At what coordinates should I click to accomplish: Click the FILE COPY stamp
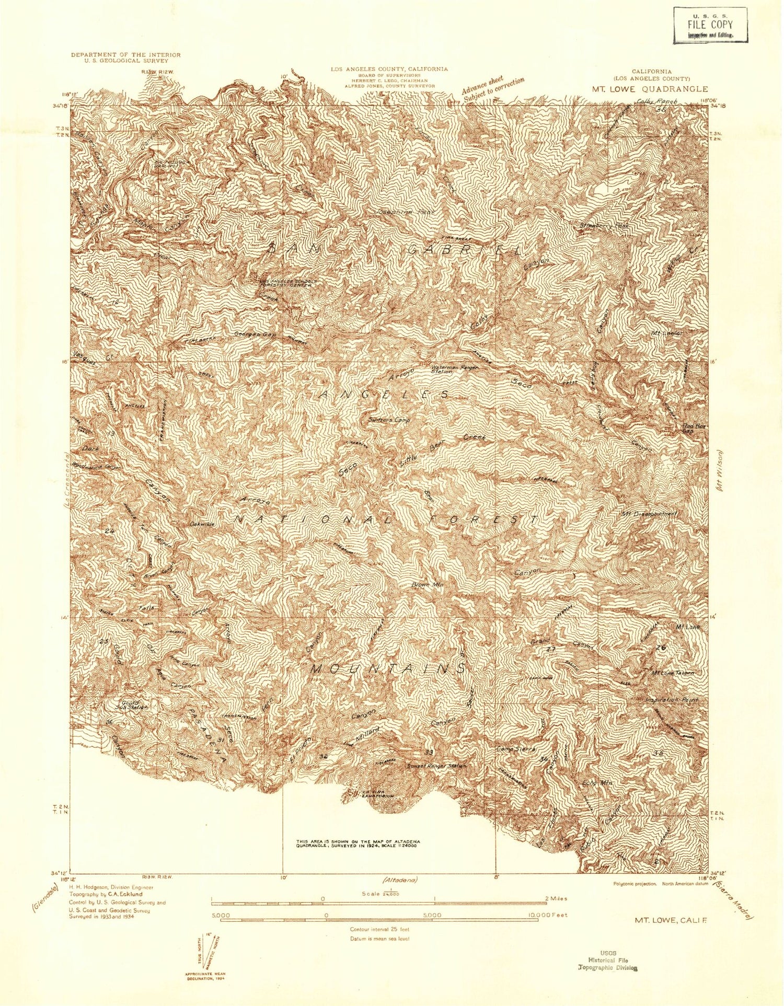tap(710, 25)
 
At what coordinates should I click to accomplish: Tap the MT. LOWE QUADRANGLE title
tap(650, 89)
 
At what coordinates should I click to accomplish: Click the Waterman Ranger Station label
tap(454, 369)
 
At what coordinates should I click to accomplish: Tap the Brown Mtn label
tap(428, 584)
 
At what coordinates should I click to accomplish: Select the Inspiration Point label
tap(672, 699)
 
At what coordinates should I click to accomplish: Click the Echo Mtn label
tap(597, 783)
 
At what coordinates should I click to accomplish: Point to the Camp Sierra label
tap(516, 749)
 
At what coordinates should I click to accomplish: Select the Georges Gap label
tap(255, 334)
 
